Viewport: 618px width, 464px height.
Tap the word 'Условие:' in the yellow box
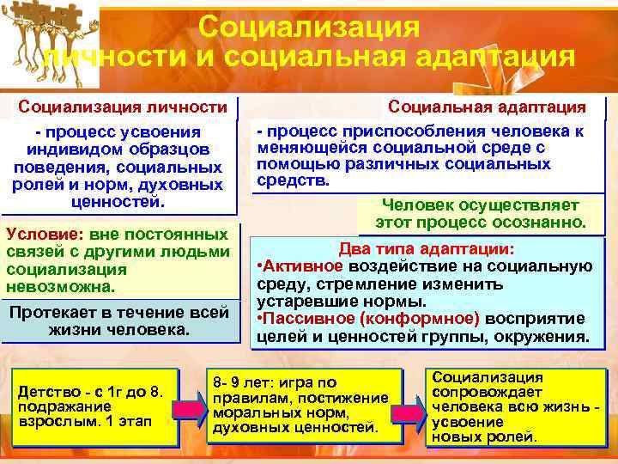(x=35, y=234)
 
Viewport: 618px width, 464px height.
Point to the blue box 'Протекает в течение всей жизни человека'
(x=119, y=321)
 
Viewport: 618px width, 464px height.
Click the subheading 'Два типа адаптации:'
(x=426, y=249)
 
